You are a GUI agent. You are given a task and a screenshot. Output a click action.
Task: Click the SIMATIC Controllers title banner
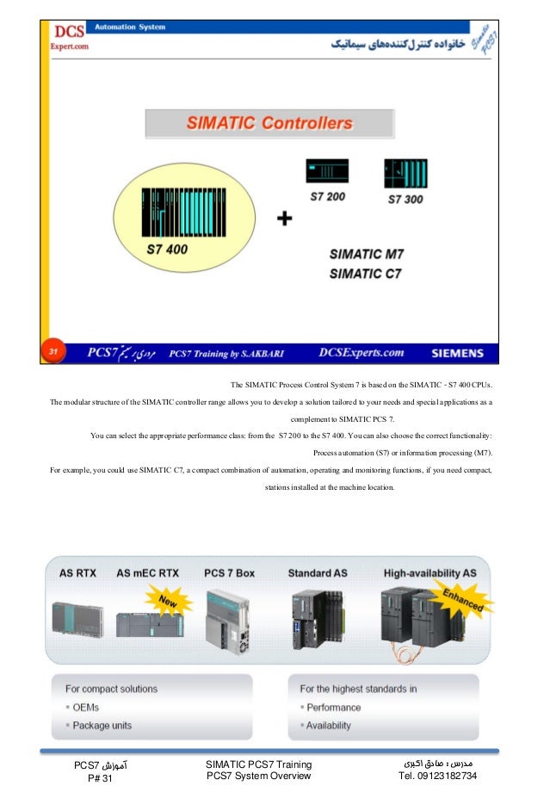(269, 123)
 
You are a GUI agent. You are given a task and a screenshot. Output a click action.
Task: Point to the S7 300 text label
(405, 199)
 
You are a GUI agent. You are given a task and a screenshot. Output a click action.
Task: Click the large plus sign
(284, 220)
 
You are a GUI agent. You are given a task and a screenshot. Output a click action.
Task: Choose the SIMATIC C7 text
(367, 274)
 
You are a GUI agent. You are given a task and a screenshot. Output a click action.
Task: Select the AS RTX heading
(78, 572)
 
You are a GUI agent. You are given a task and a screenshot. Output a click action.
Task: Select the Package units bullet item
(102, 725)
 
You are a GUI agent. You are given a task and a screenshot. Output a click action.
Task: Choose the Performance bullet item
(333, 707)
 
